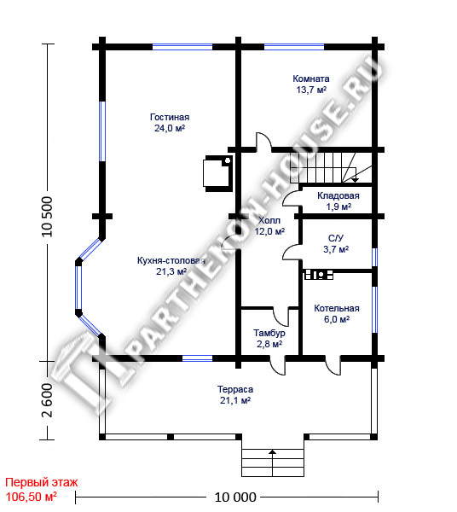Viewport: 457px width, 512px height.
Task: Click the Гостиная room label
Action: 170,122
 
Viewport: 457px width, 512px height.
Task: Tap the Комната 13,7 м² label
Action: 311,84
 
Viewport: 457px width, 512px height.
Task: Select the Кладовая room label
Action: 338,201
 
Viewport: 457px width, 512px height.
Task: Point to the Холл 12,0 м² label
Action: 269,226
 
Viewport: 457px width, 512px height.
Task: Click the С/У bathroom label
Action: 336,244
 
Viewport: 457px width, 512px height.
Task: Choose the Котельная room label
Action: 337,313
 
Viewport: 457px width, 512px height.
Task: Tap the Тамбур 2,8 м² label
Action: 269,338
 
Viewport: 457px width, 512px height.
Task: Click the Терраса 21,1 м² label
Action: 235,395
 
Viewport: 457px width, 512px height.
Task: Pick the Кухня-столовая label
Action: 171,265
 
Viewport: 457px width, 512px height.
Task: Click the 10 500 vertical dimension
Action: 47,216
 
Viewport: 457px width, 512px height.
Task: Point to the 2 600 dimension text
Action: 47,400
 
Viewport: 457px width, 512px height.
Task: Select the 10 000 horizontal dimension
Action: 235,497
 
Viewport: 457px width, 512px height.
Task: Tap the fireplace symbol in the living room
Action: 218,173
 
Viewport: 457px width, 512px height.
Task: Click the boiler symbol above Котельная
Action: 319,275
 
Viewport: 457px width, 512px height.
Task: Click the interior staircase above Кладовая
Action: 331,167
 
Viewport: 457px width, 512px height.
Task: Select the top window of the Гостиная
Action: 182,47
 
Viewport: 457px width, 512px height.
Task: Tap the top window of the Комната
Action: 294,47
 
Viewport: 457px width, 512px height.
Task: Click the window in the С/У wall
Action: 375,258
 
